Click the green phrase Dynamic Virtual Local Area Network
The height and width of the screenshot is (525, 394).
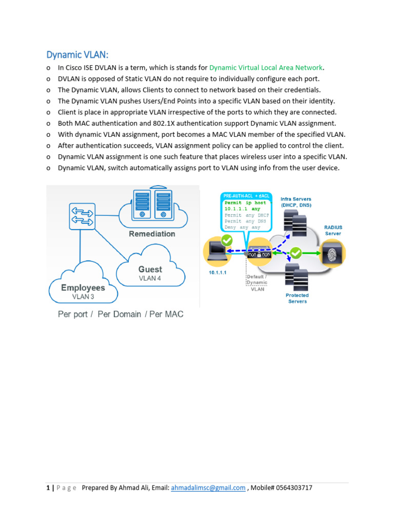[x=267, y=68]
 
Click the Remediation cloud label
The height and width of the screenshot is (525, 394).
[x=152, y=234]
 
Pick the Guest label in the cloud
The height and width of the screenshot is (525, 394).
[x=150, y=269]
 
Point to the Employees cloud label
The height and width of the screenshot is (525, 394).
[x=83, y=288]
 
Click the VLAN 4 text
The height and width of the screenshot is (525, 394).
[x=150, y=278]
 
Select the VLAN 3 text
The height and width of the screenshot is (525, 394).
[x=83, y=296]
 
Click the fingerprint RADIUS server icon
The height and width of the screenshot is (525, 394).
[x=333, y=253]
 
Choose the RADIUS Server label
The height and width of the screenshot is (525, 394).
[x=333, y=230]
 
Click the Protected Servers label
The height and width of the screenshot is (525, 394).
[x=298, y=298]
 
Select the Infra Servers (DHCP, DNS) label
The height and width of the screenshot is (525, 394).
[x=296, y=202]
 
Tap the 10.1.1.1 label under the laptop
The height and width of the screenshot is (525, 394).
[x=217, y=273]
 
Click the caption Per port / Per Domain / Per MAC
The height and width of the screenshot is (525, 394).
[x=121, y=314]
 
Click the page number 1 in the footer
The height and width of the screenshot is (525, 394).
[x=47, y=488]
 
